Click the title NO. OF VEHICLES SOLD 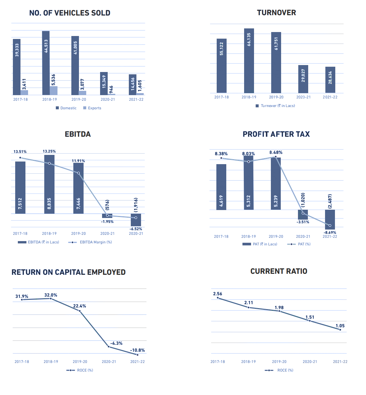(x=70, y=13)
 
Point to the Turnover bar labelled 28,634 (x=330, y=80)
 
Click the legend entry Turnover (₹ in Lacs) (x=275, y=106)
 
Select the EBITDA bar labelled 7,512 (x=20, y=187)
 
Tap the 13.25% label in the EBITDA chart (x=49, y=151)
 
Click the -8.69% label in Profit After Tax (x=330, y=233)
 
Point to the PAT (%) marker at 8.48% (x=276, y=157)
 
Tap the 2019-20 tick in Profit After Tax (x=276, y=236)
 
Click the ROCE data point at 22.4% (x=80, y=311)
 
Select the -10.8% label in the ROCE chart (x=137, y=350)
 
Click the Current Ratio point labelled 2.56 (x=218, y=298)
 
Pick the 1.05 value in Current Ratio (x=340, y=326)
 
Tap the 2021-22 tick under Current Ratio (x=340, y=362)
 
